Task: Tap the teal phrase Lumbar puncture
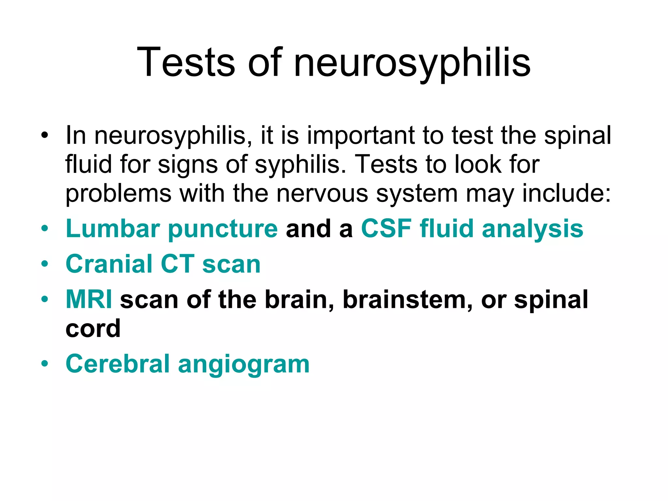click(172, 229)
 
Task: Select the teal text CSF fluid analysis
click(472, 229)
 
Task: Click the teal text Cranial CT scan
click(163, 264)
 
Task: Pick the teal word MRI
click(89, 299)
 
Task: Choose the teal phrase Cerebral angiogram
click(188, 364)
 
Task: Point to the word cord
click(93, 328)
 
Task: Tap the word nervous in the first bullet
click(323, 194)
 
